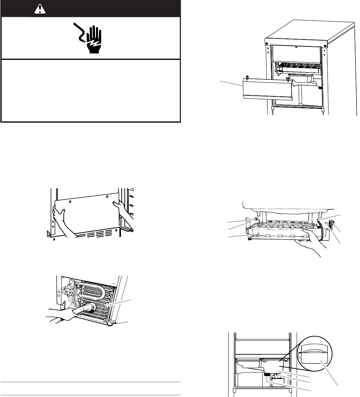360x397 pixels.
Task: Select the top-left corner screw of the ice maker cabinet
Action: (x=267, y=44)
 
